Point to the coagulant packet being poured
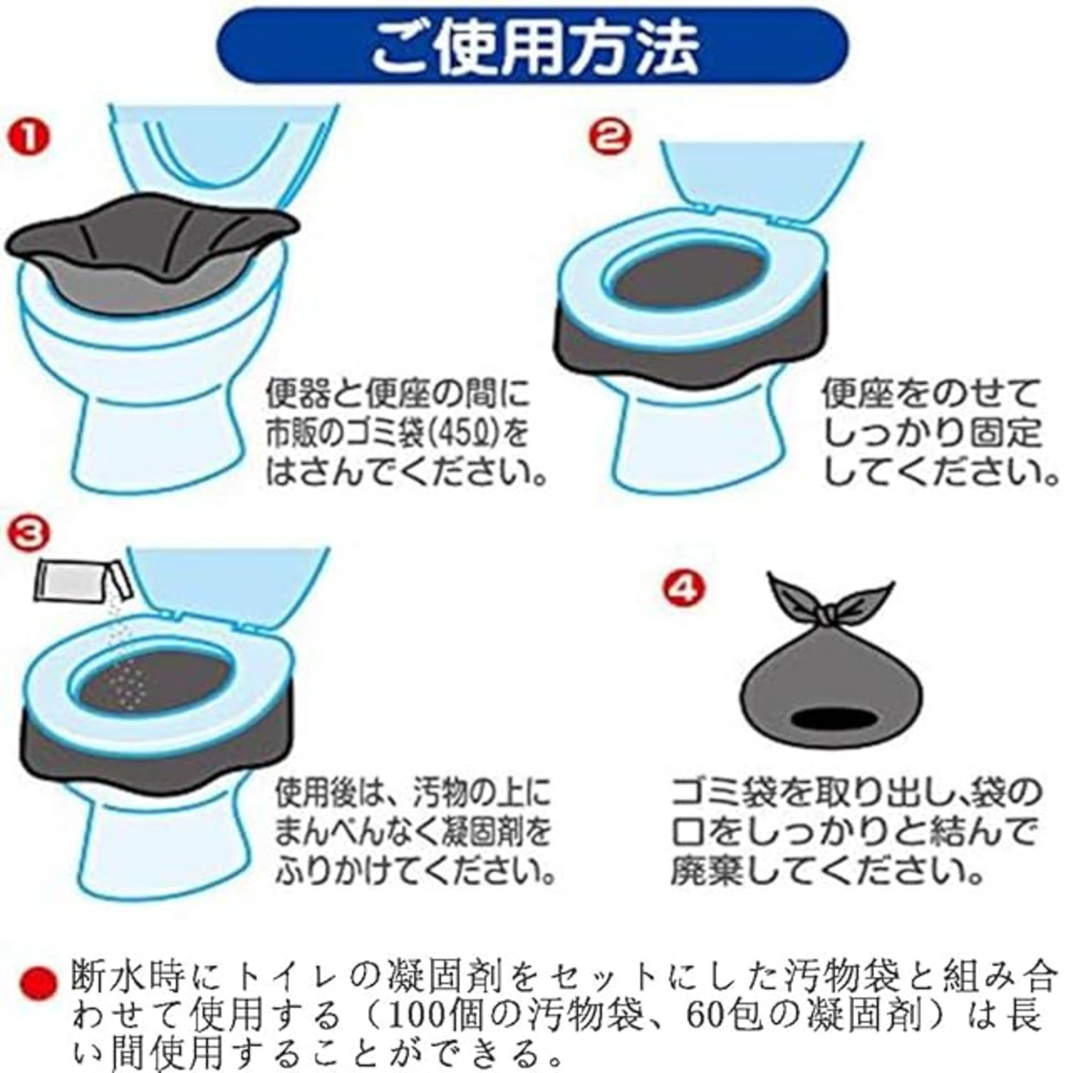click(84, 581)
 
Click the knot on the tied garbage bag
click(829, 615)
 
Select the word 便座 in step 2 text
click(857, 394)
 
